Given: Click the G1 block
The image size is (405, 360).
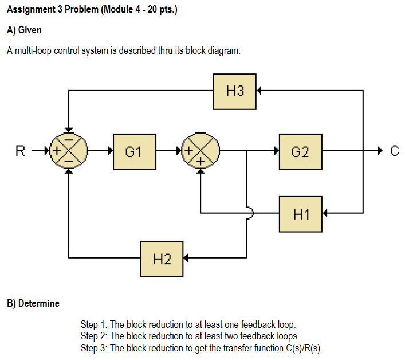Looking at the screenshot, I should [135, 152].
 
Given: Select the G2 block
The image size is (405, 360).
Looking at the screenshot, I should [300, 152].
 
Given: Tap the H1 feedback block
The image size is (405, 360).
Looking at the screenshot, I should [300, 214].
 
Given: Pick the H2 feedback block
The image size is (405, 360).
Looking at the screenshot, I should [162, 259].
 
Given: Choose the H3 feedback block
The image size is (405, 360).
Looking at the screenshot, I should [235, 91].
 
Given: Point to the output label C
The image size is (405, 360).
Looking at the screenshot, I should [393, 152].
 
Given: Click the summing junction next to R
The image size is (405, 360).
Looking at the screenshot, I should [69, 152].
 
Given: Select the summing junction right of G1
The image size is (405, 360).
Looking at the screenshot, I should [200, 152].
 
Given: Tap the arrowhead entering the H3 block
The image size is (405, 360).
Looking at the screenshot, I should [259, 91].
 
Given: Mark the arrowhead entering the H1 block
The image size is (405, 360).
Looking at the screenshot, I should [325, 214].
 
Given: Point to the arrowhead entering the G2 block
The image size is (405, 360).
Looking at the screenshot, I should [276, 152].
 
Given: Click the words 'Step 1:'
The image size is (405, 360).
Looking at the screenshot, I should [94, 324].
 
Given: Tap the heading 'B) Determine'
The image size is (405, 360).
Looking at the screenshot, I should [33, 303].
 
